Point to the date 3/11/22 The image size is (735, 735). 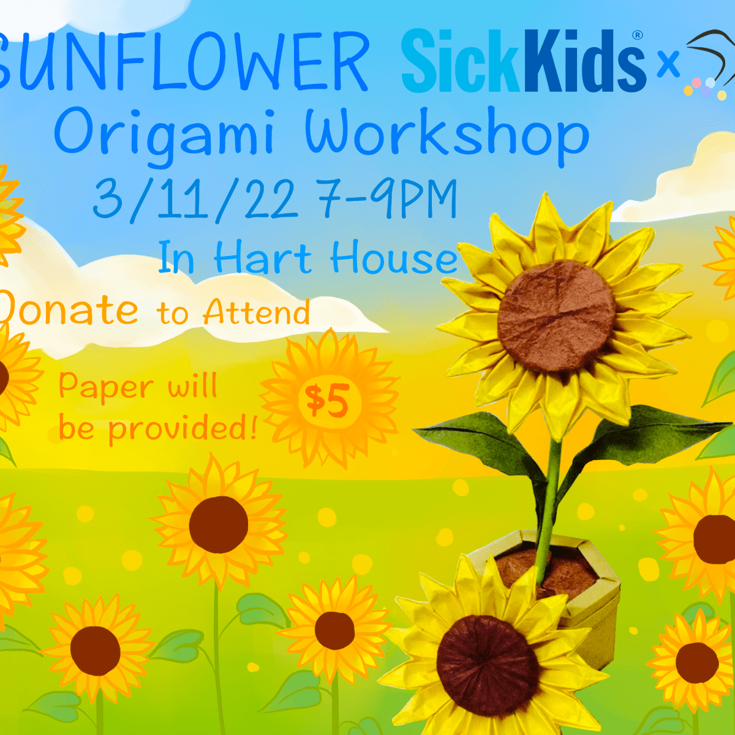(195, 199)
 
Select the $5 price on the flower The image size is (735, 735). (328, 401)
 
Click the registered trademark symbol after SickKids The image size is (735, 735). (638, 36)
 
